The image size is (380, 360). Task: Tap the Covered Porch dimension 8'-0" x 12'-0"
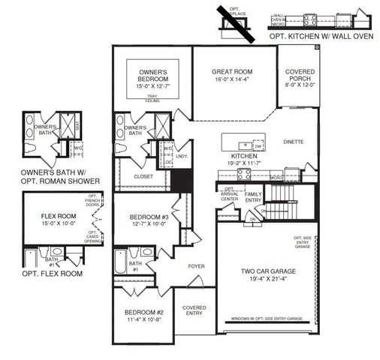(300, 85)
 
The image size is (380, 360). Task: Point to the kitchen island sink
(245, 145)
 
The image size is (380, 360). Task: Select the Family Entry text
(253, 196)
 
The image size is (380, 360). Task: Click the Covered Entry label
(195, 311)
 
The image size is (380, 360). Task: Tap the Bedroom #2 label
(144, 311)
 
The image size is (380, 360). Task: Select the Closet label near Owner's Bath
(143, 177)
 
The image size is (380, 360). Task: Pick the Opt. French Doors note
(93, 207)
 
